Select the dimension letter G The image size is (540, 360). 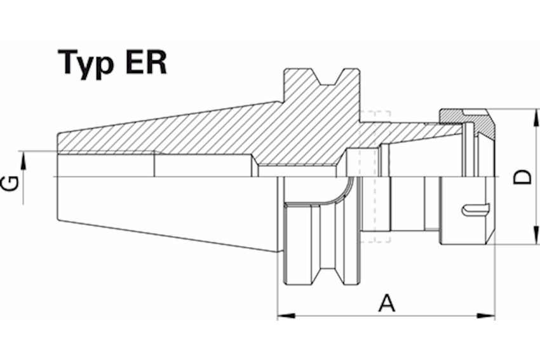tap(10, 184)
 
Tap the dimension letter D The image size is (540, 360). tap(522, 177)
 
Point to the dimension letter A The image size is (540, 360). tap(386, 303)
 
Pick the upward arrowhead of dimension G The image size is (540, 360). tap(25, 159)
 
